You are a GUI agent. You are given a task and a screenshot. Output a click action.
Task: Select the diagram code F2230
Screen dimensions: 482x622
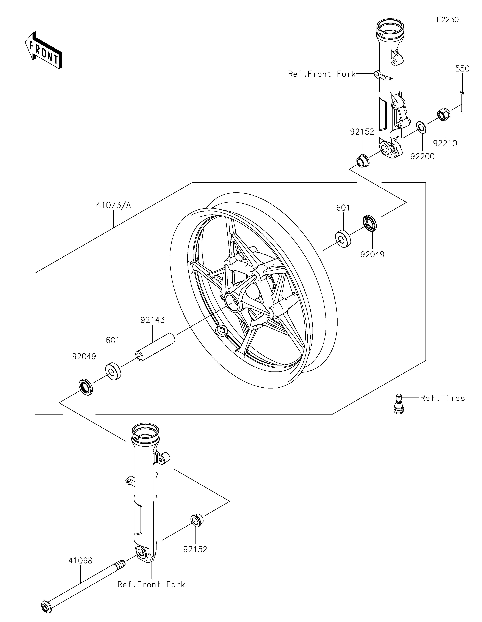(x=448, y=20)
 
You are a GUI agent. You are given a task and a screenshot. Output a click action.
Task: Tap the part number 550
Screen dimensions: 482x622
(x=462, y=69)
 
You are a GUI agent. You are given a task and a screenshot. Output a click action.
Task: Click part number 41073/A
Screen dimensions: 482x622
(x=113, y=205)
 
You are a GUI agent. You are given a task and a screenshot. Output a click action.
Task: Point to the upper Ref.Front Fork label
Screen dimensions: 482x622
(x=322, y=74)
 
